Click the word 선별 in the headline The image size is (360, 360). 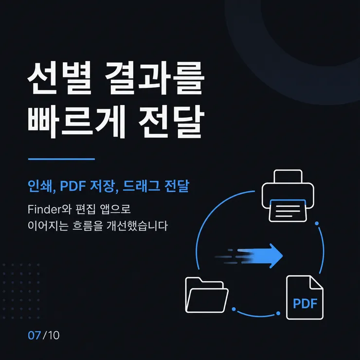60,78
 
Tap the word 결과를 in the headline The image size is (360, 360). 155,78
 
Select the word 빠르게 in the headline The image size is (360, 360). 77,122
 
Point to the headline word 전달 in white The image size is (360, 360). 172,122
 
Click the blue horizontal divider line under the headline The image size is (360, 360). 61,159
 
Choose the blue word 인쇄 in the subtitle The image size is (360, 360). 40,186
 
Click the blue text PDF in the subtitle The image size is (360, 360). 73,186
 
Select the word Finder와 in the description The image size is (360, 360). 50,209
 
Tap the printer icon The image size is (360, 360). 288,196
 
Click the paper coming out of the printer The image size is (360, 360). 288,211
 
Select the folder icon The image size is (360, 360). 207,295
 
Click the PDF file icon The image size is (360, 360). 305,297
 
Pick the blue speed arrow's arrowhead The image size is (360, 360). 276,256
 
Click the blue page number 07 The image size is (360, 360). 34,336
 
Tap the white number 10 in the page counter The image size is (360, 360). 54,336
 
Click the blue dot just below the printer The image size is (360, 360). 317,223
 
